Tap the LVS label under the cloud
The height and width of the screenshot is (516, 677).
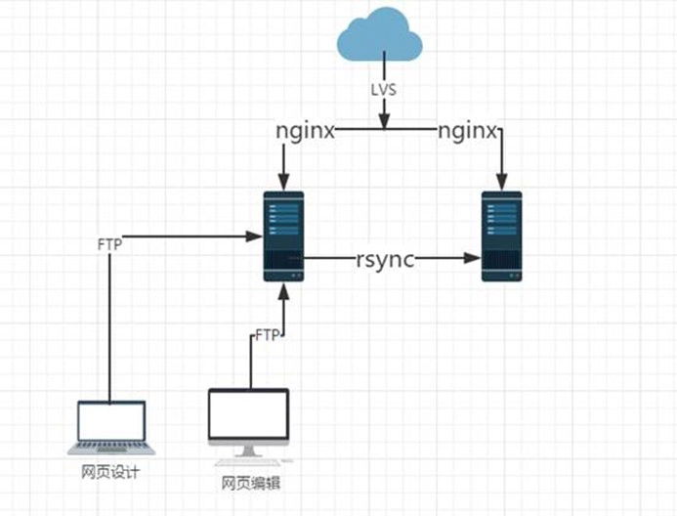pos(384,89)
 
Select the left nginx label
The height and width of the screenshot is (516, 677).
pos(306,130)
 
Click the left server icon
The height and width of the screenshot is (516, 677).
pos(283,236)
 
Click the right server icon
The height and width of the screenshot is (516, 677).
pos(501,236)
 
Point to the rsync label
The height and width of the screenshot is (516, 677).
pos(385,259)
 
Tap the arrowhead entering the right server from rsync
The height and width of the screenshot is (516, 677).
pos(474,259)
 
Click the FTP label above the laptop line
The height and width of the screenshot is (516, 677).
pos(109,244)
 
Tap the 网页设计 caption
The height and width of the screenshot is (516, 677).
pos(110,473)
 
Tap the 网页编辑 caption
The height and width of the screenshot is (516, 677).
pos(251,483)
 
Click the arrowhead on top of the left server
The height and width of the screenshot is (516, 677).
pos(283,182)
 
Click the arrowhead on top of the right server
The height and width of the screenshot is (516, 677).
pos(501,182)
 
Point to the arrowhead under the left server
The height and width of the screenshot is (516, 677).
pos(283,290)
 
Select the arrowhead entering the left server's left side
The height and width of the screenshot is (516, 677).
pos(255,236)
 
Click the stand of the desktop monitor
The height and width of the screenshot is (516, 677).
pos(248,451)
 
